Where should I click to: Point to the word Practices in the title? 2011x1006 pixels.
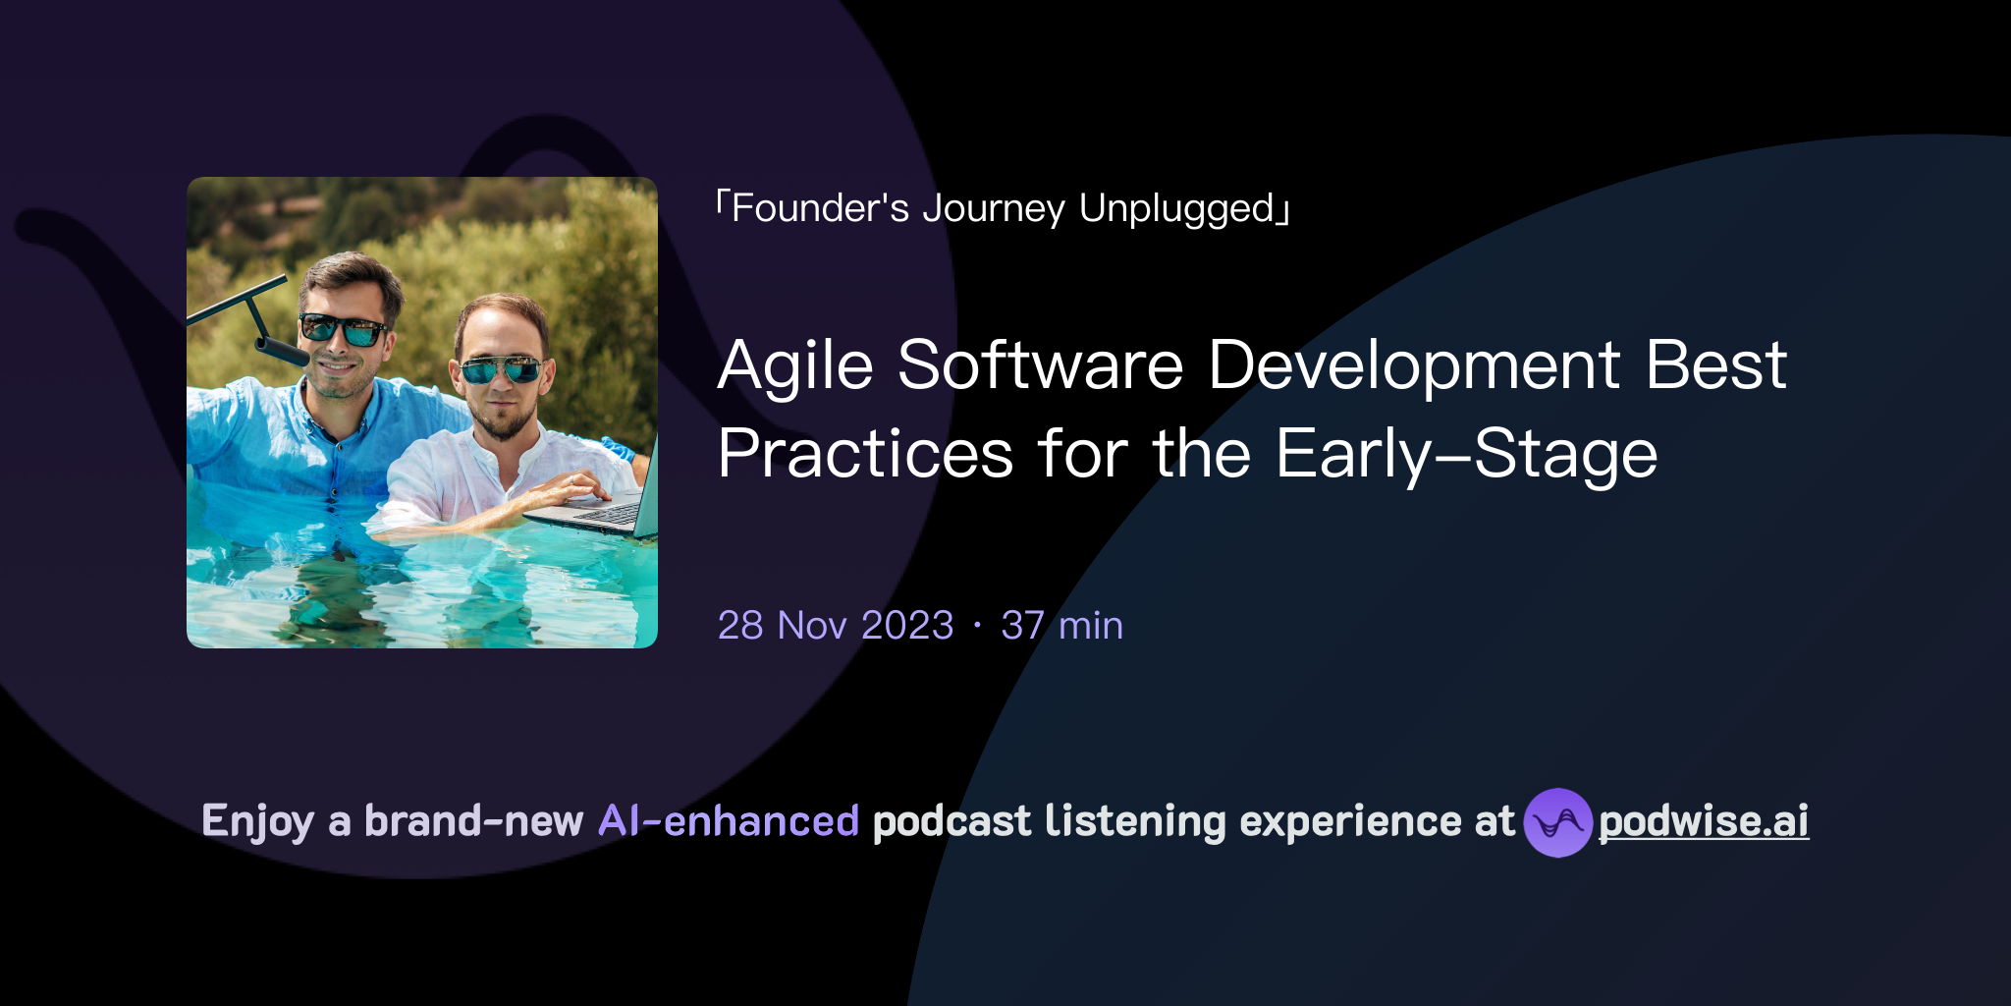click(865, 455)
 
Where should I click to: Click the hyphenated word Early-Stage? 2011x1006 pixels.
click(1466, 455)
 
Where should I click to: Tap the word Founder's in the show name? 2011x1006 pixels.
click(820, 208)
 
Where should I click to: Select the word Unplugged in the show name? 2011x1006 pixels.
click(1176, 208)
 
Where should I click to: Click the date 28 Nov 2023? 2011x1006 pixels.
click(836, 626)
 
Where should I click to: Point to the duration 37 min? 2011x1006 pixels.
click(1061, 626)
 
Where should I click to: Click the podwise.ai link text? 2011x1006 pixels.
click(1704, 821)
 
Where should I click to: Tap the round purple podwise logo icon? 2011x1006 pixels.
click(1557, 822)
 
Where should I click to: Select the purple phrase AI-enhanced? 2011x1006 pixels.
click(729, 821)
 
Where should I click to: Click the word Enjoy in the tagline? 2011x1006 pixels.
click(258, 821)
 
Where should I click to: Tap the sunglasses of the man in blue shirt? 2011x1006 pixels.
click(343, 329)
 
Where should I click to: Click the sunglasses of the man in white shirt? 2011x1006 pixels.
click(500, 370)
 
